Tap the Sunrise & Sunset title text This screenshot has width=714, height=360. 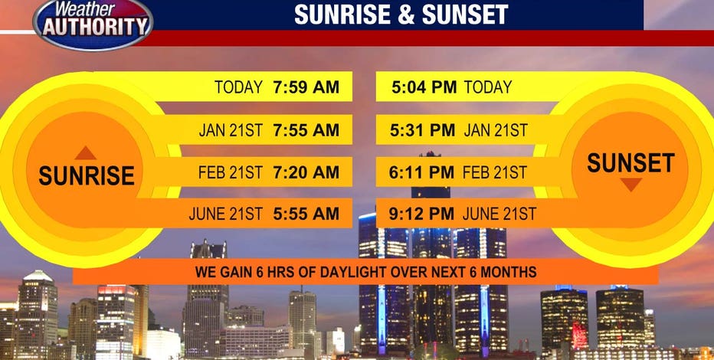tap(401, 14)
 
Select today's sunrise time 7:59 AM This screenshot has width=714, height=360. tap(306, 87)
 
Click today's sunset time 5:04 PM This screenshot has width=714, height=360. tap(424, 87)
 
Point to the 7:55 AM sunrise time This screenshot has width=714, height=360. tap(306, 130)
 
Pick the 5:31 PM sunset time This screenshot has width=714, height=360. tap(423, 130)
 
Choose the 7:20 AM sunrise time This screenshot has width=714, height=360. tap(306, 172)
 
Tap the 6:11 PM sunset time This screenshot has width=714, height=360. tap(421, 172)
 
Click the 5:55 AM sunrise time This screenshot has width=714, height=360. tap(306, 214)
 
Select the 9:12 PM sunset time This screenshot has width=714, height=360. tap(421, 214)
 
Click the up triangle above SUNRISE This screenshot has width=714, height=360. tap(86, 153)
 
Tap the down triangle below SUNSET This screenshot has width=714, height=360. tap(630, 185)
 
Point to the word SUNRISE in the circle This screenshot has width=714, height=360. tap(87, 175)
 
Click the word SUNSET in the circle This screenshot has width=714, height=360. tap(630, 162)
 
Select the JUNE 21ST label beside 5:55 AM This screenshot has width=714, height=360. tap(226, 214)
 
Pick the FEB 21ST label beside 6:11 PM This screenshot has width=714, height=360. tap(495, 172)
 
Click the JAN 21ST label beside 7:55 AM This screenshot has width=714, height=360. tap(231, 130)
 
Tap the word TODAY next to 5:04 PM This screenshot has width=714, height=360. tap(488, 87)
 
